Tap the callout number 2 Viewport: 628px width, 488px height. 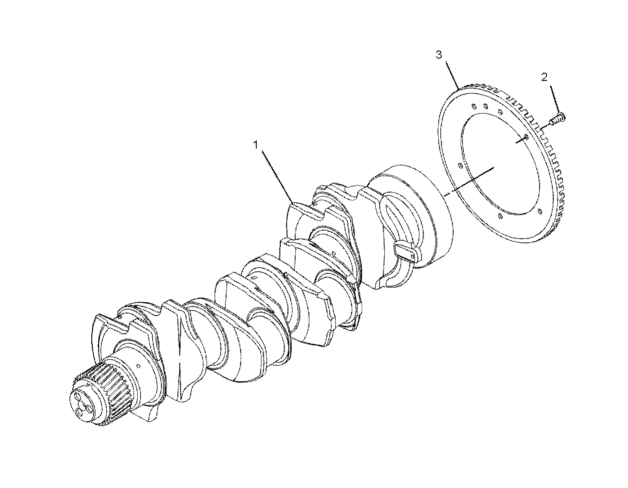coord(544,77)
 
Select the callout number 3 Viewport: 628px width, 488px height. coord(439,55)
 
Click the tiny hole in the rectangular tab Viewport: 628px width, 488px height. coord(412,257)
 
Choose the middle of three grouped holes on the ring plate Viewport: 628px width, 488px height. coord(486,107)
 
